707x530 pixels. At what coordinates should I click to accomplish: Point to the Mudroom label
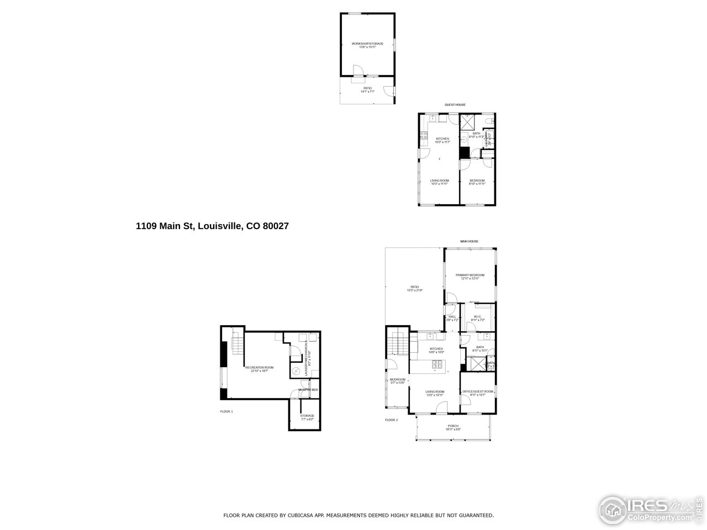[x=398, y=380]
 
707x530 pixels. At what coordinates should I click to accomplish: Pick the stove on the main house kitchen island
[x=437, y=364]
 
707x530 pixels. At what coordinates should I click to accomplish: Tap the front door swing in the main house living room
[x=441, y=408]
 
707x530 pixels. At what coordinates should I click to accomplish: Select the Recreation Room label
[x=256, y=369]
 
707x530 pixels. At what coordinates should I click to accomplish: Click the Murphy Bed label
[x=308, y=390]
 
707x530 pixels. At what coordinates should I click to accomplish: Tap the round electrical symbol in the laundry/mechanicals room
[x=296, y=371]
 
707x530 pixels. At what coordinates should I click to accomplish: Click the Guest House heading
[x=455, y=105]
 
